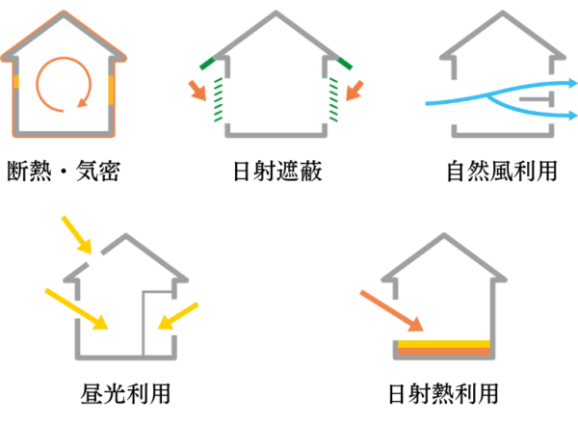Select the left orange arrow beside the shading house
click(198, 91)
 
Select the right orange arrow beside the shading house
click(355, 91)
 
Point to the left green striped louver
click(223, 101)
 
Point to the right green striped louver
click(331, 101)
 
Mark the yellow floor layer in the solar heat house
click(445, 343)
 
